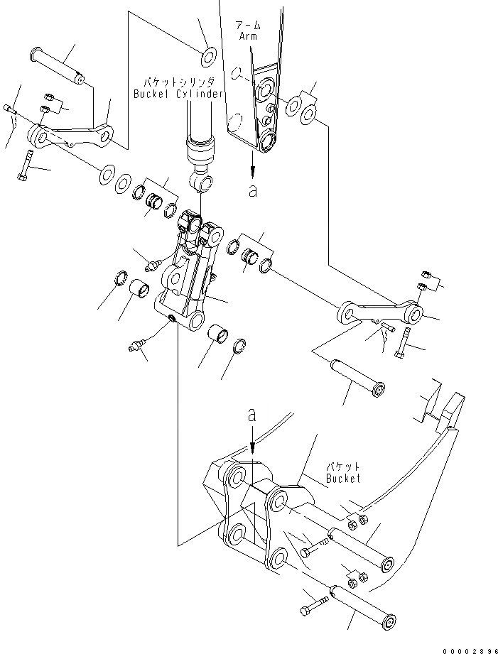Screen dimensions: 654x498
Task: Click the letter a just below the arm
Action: click(x=252, y=191)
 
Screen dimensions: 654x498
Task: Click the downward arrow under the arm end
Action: click(x=252, y=165)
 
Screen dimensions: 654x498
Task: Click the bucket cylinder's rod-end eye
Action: click(x=202, y=183)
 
